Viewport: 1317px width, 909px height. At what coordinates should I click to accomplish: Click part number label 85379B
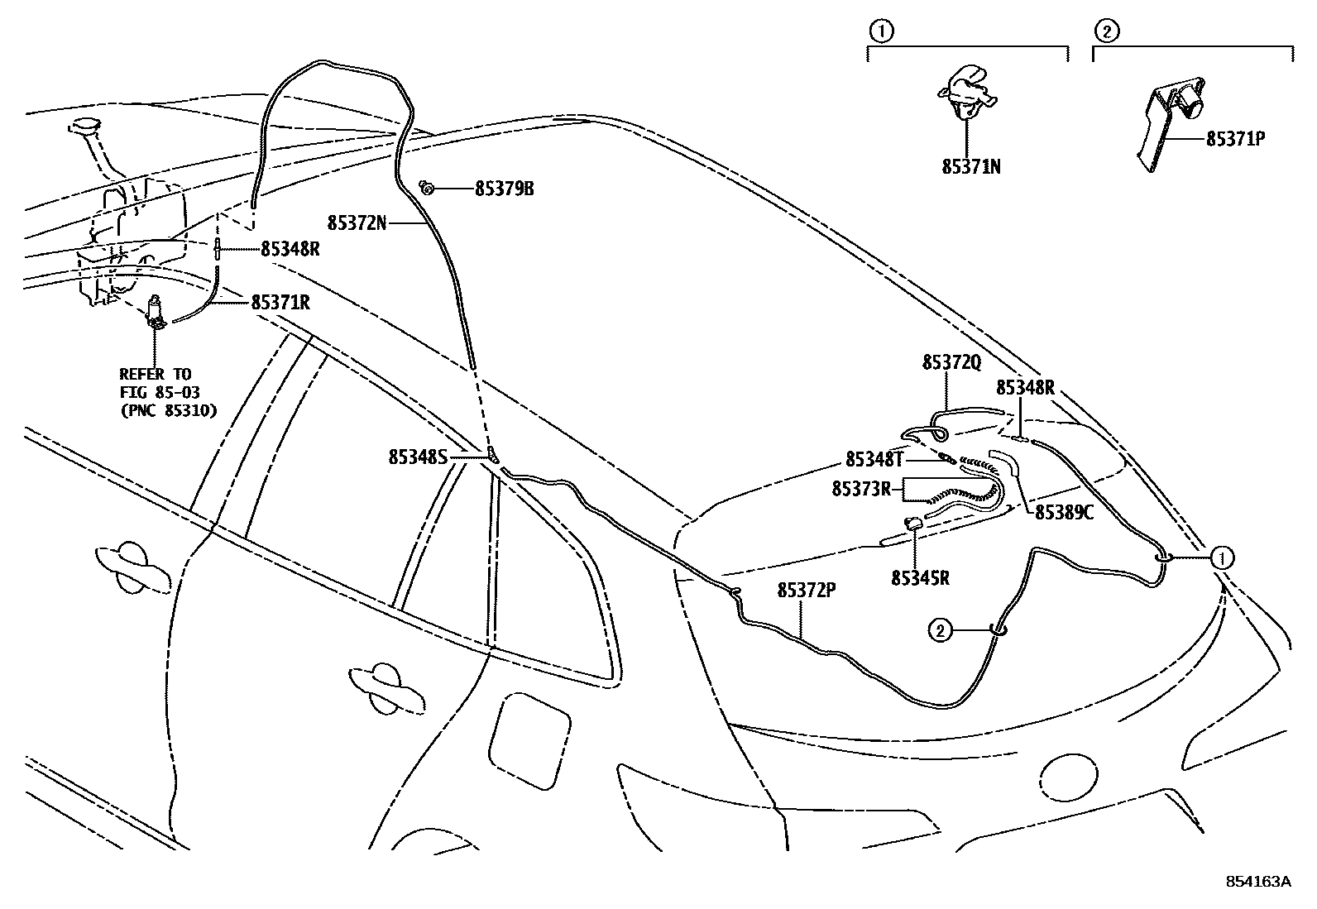(504, 189)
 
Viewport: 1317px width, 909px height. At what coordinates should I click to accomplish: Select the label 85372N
(357, 222)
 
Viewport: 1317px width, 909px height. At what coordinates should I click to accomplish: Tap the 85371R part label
(280, 303)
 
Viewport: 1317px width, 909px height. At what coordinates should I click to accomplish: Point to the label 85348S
(417, 457)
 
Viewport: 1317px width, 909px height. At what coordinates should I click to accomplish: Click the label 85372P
(807, 590)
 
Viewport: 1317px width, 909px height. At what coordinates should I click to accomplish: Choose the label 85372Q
(951, 363)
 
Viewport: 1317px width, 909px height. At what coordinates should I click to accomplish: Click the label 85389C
(1064, 513)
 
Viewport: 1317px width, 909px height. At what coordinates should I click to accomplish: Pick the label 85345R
(919, 578)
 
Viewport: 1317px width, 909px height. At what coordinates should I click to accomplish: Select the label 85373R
(861, 489)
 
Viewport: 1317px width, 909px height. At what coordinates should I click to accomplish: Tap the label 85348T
(874, 459)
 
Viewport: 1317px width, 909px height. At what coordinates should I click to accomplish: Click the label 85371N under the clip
(970, 166)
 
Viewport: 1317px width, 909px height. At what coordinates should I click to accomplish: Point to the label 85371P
(1235, 139)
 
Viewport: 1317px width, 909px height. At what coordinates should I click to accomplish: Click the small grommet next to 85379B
(427, 188)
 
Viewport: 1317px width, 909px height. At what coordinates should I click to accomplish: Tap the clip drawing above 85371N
(965, 91)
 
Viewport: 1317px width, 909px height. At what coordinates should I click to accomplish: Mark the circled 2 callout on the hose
(940, 631)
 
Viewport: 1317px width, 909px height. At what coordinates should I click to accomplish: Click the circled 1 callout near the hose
(1222, 558)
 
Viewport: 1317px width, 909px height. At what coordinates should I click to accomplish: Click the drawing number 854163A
(1257, 882)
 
